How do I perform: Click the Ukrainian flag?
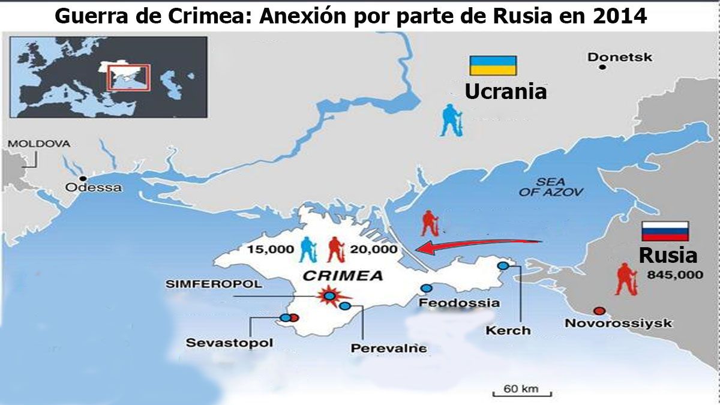(x=493, y=65)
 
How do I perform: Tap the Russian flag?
(x=665, y=231)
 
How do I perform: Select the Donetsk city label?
(x=619, y=57)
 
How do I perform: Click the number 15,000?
(x=266, y=249)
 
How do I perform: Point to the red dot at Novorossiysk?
(x=598, y=311)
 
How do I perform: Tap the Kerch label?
(x=508, y=330)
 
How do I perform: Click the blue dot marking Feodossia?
(x=426, y=288)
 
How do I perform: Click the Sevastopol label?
(x=230, y=343)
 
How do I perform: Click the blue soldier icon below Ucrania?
(x=449, y=121)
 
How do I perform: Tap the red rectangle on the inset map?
(x=127, y=77)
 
